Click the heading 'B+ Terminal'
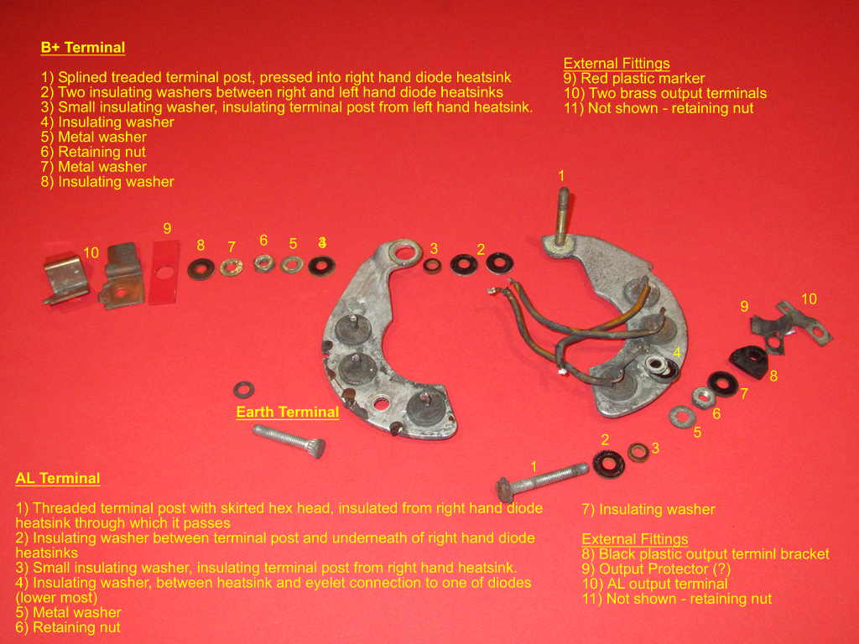tap(83, 48)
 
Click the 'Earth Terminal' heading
tap(288, 412)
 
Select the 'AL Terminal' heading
tap(58, 478)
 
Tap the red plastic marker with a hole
tap(164, 272)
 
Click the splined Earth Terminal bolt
tap(289, 440)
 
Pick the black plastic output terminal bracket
tap(749, 362)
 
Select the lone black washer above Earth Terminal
tap(243, 390)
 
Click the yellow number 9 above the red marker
tap(167, 228)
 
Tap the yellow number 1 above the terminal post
tap(561, 176)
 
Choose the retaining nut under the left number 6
tap(264, 263)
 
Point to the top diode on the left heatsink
tap(351, 329)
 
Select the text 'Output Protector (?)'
tap(665, 569)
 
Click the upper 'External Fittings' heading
tap(617, 64)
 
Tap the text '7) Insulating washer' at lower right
tap(648, 509)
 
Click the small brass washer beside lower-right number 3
tap(638, 452)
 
